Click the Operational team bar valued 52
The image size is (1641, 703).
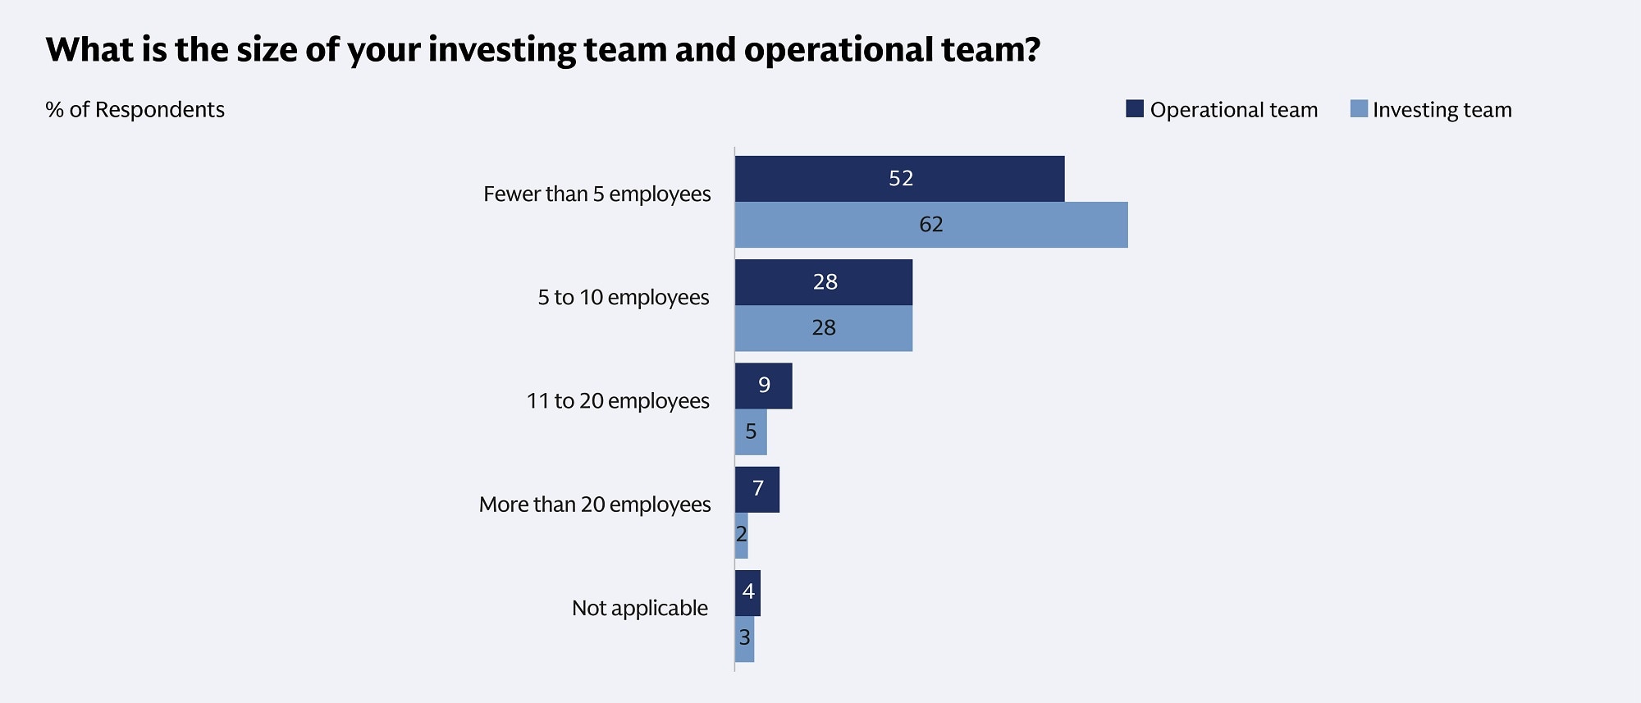[x=899, y=179]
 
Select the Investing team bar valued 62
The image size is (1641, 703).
[x=930, y=225]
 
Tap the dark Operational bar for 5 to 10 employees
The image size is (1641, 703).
[x=823, y=282]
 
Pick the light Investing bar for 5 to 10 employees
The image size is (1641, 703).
[x=823, y=328]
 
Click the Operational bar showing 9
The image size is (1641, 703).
[x=763, y=386]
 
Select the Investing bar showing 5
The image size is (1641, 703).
[x=751, y=431]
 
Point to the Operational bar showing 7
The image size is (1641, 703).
[x=757, y=490]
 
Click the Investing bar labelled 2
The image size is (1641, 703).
[x=741, y=536]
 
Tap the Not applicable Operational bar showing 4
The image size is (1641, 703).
[x=747, y=592]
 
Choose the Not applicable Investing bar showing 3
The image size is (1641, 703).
[x=744, y=638]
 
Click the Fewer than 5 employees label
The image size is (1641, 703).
[x=597, y=194]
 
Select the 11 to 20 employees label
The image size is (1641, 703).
[x=617, y=401]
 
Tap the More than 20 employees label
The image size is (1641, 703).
[x=594, y=504]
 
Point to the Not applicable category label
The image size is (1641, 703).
[x=639, y=608]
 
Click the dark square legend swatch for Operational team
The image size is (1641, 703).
[x=1134, y=108]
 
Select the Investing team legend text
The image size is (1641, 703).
[x=1442, y=110]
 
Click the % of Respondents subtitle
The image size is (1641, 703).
[x=135, y=110]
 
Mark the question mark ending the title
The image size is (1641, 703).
[x=1031, y=49]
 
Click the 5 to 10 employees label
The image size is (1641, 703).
[x=623, y=298]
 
